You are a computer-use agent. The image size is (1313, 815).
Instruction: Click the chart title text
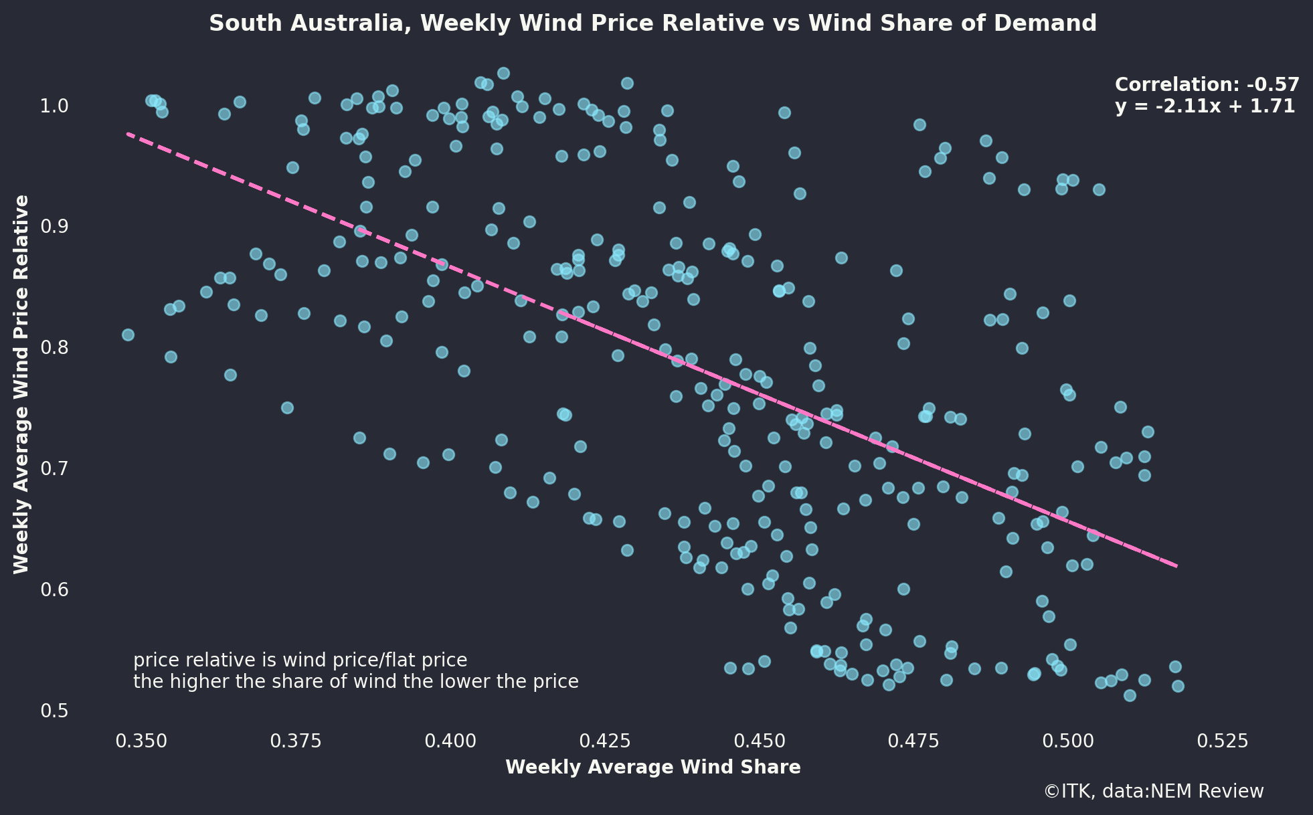[x=652, y=24]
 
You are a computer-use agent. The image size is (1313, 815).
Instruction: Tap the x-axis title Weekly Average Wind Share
[x=652, y=767]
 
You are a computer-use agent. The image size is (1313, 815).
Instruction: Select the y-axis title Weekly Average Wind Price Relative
[x=21, y=384]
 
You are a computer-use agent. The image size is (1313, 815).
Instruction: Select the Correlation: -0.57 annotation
[x=1207, y=85]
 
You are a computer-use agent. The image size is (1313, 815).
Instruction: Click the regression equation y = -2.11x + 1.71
[x=1205, y=106]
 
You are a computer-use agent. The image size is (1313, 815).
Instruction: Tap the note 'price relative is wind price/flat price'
[x=300, y=660]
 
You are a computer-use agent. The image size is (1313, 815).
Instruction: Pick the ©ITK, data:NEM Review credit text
[x=1153, y=792]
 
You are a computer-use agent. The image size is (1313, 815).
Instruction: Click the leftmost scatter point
[x=128, y=335]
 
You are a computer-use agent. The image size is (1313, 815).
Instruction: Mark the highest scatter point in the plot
[x=503, y=73]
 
